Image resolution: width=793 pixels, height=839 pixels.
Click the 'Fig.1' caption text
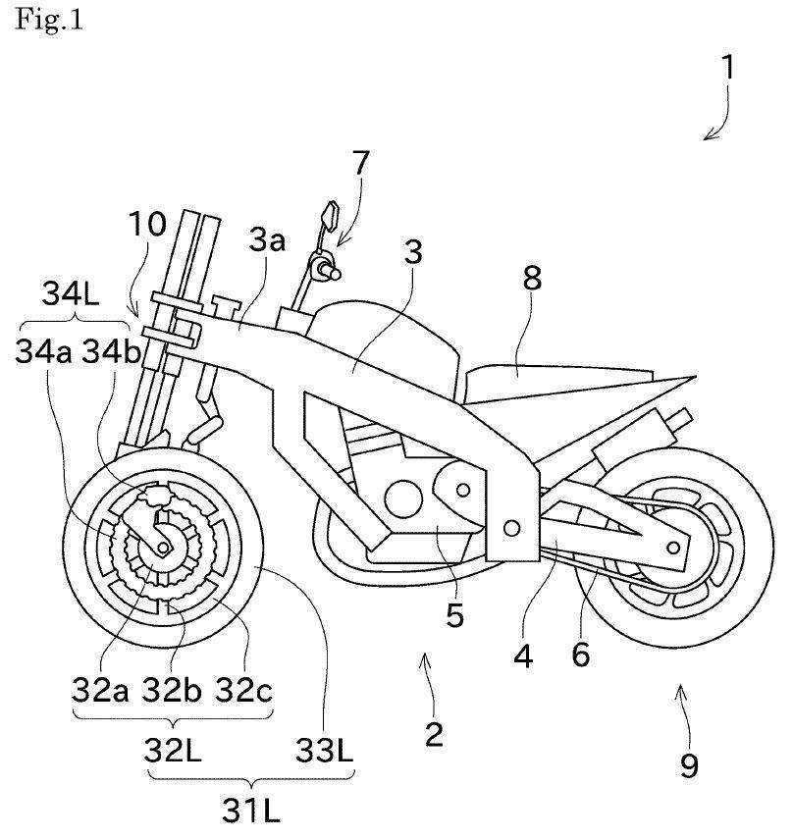pos(49,20)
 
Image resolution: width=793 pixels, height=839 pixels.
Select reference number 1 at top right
pos(727,68)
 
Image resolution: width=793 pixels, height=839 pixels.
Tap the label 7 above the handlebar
pos(360,163)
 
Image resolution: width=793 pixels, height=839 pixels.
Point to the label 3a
pos(267,240)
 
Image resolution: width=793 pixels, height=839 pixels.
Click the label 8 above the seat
pos(532,279)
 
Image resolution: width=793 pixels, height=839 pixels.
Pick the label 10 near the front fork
pos(147,224)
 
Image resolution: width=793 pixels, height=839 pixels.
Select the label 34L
pos(71,293)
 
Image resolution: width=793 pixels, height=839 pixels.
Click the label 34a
pos(43,351)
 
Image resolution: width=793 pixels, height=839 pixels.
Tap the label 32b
pos(171,690)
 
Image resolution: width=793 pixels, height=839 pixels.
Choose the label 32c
pos(244,690)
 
